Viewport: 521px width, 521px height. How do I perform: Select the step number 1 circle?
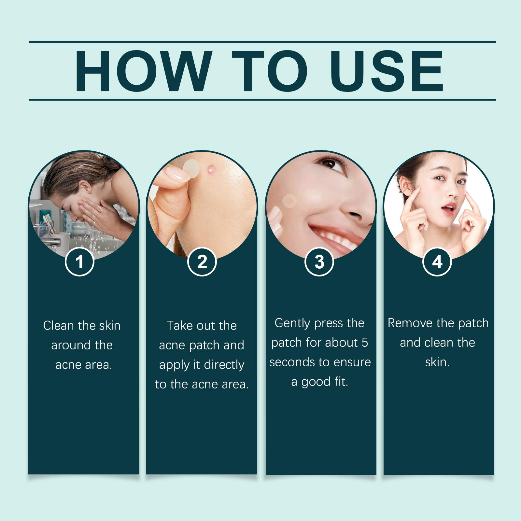coord(80,262)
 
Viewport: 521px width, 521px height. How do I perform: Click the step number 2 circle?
coord(202,262)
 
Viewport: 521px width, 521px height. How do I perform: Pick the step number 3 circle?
coord(319,262)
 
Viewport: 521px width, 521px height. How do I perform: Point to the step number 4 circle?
coord(437,262)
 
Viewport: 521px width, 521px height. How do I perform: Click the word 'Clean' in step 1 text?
coord(59,326)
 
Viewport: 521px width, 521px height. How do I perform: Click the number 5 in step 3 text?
coord(364,343)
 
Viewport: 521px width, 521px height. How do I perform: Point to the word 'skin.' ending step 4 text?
coord(437,362)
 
